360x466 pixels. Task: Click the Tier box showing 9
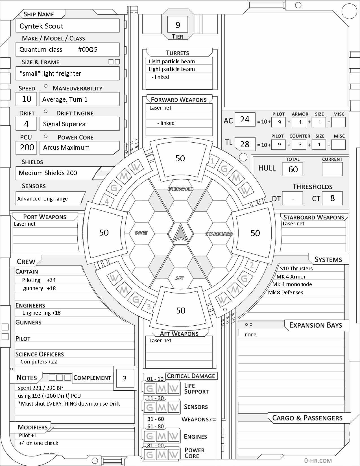(x=178, y=25)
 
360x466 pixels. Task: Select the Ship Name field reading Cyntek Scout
(x=68, y=26)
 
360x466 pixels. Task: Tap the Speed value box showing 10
(x=27, y=99)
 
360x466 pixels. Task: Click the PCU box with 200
(x=27, y=147)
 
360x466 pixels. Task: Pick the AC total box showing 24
(x=245, y=120)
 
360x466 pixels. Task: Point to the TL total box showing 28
(x=245, y=144)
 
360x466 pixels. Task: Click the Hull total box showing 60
(x=293, y=169)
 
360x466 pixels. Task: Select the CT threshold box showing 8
(x=332, y=198)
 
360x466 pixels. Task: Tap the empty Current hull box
(x=332, y=169)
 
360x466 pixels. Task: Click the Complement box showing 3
(x=125, y=378)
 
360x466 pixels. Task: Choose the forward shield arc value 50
(x=180, y=158)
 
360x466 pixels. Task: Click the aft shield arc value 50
(x=181, y=311)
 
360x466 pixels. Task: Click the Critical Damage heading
(x=191, y=376)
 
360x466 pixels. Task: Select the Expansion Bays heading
(x=315, y=325)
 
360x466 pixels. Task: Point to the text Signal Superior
(x=65, y=124)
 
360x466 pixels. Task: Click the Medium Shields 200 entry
(x=48, y=173)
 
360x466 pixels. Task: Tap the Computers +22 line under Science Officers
(x=39, y=362)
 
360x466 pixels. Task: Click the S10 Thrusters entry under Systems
(x=296, y=269)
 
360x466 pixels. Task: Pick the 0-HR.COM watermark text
(x=318, y=461)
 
